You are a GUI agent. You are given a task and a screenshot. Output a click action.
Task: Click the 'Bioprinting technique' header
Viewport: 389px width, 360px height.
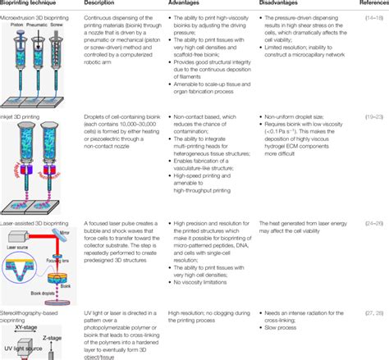[x=36, y=4]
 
